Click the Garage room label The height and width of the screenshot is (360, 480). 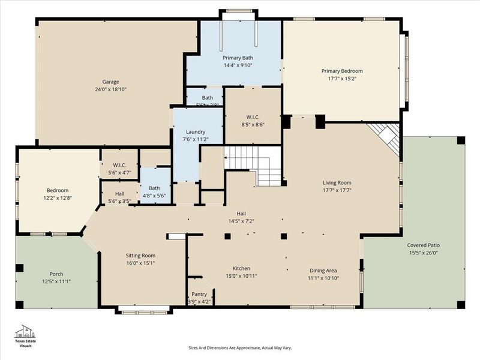pyautogui.click(x=110, y=82)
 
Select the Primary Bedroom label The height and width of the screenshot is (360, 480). pyautogui.click(x=342, y=71)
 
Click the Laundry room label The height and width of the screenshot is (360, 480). pyautogui.click(x=196, y=131)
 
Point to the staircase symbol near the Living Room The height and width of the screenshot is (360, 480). pyautogui.click(x=253, y=164)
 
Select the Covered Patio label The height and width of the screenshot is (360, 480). pyautogui.click(x=424, y=245)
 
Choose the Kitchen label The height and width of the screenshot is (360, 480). pyautogui.click(x=242, y=268)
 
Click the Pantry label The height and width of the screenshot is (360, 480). pyautogui.click(x=199, y=294)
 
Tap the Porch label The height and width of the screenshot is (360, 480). pyautogui.click(x=57, y=274)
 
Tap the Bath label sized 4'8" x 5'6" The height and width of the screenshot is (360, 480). pyautogui.click(x=154, y=188)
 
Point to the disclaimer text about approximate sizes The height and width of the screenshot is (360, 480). pyautogui.click(x=240, y=347)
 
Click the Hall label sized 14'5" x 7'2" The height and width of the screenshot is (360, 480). pyautogui.click(x=241, y=213)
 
